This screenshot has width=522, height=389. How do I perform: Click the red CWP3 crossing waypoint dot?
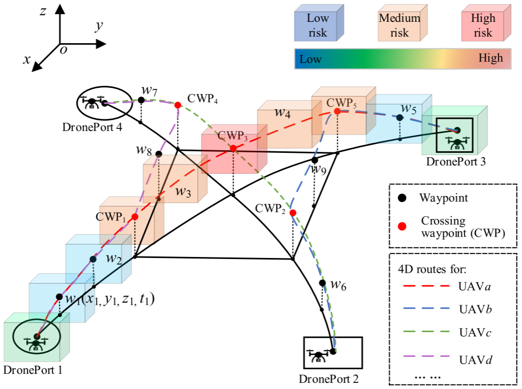233,149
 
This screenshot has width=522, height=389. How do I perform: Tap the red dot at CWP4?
178,105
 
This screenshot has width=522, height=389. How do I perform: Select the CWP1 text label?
110,216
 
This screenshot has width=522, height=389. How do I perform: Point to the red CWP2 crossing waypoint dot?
293,212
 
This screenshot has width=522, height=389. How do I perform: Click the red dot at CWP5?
337,111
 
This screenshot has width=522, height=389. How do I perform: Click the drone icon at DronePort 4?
92,103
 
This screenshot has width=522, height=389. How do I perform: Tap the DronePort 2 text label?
330,378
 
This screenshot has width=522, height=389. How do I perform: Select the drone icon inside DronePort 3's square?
457,142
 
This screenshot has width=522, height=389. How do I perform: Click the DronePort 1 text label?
32,370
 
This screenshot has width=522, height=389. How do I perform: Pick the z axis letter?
44,11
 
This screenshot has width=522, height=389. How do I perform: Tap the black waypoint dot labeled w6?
322,283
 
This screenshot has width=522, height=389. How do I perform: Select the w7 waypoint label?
149,90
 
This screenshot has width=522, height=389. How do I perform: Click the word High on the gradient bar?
491,58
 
